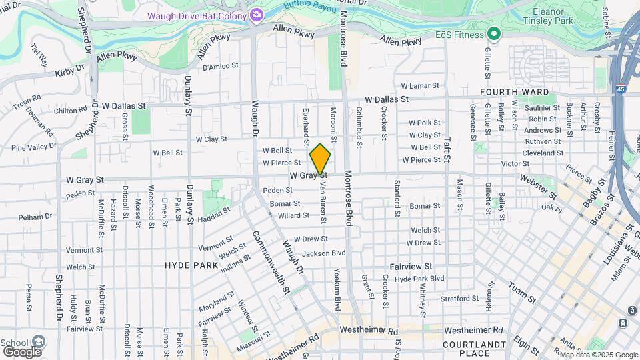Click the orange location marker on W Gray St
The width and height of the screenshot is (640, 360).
tap(320, 159)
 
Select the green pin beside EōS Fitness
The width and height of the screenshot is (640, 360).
tap(493, 33)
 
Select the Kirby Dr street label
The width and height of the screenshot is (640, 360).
tap(70, 71)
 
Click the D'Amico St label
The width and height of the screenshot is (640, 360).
tap(220, 66)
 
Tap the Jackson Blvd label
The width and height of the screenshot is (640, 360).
tap(324, 253)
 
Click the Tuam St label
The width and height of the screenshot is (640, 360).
tap(523, 291)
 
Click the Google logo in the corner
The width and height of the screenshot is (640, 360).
tap(21, 351)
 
